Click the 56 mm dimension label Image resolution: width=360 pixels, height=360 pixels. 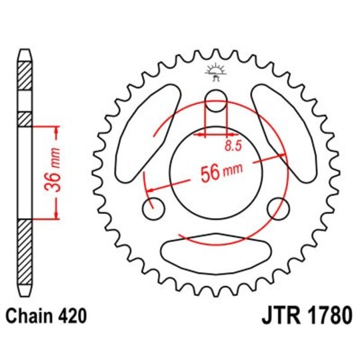(x=221, y=172)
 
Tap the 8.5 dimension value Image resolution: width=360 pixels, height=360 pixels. (x=233, y=146)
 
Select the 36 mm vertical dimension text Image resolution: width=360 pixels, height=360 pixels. (x=53, y=170)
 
